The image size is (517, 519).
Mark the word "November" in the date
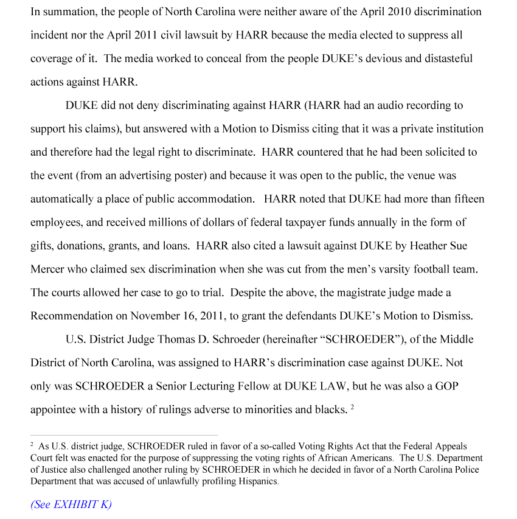click(x=158, y=316)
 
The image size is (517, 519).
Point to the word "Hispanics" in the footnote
click(x=258, y=481)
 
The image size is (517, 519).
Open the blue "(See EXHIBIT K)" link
click(x=71, y=504)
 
